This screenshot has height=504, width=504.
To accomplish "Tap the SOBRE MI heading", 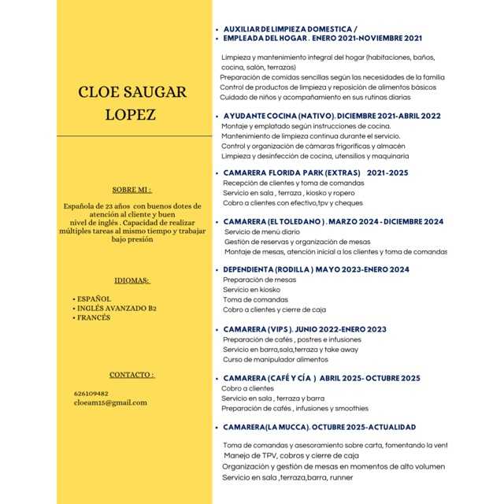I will pos(132,190).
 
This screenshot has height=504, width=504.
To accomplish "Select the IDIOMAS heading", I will pos(132,280).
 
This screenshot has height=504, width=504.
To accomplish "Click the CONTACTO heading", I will pos(132,374).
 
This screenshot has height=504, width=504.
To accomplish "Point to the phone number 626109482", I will pos(91,392).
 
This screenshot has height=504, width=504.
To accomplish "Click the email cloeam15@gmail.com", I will pos(110,402).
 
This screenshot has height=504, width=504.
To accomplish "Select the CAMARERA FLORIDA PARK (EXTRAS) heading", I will pos(291,172).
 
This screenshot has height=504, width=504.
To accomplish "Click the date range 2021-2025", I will pos(387,172).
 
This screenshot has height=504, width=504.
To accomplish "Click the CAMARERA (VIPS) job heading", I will pos(259,329).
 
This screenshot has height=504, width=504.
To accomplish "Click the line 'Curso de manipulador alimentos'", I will pos(275,359).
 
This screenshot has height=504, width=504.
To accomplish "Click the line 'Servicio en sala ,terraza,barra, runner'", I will pos(287,476).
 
